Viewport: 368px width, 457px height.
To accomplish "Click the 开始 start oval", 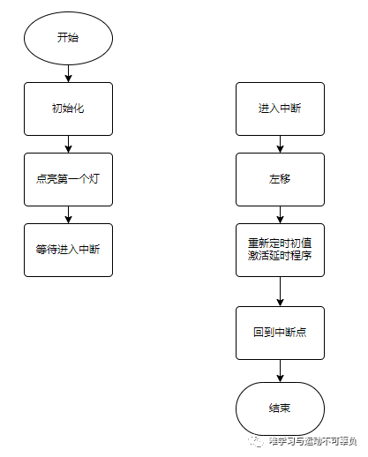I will tap(69, 39).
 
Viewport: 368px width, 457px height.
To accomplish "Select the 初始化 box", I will tap(69, 109).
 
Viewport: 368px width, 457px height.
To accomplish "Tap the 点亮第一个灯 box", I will tap(69, 179).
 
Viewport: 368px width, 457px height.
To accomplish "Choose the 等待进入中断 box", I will tap(69, 249).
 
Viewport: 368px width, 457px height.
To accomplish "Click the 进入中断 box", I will tap(280, 109).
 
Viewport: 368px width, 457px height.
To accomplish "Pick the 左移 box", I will tap(280, 179).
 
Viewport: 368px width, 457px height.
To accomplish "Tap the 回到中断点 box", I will tap(280, 333).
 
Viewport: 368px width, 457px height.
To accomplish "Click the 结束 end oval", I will tap(280, 408).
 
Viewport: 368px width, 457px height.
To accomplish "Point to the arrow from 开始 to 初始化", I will tap(69, 73).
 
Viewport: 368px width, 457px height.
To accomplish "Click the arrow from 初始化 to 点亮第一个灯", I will tap(69, 144).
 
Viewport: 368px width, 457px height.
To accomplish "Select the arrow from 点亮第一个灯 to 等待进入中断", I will tap(69, 214).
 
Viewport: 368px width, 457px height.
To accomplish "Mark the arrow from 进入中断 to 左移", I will tap(280, 144).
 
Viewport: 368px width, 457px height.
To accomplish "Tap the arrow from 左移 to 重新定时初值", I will tap(280, 214).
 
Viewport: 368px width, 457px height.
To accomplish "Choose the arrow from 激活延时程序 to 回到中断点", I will tap(280, 291).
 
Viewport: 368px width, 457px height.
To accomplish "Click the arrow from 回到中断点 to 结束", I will tap(280, 371).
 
